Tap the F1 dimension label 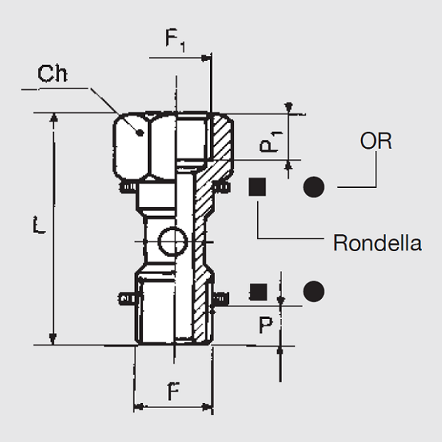tap(174, 41)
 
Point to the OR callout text tap(376, 142)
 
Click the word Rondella tap(377, 242)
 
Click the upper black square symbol tap(257, 187)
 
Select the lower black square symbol tap(257, 291)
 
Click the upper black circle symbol tap(314, 187)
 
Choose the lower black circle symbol tap(314, 291)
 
